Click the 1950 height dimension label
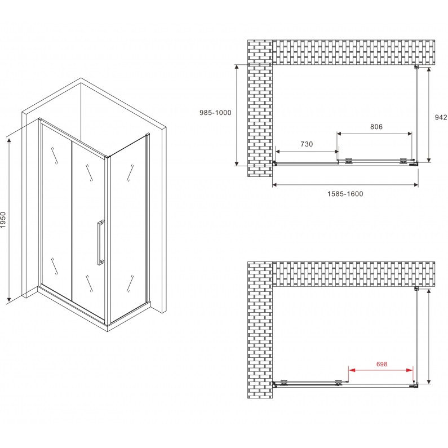[3, 219]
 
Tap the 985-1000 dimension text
[215, 113]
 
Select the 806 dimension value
[376, 127]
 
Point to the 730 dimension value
[307, 144]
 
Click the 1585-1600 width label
[345, 194]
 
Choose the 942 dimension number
[441, 117]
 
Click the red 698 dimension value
[382, 364]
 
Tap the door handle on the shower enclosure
[100, 242]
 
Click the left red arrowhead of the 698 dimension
[352, 370]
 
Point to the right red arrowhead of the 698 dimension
[410, 370]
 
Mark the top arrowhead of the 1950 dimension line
[9, 140]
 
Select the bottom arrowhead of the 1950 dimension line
[9, 299]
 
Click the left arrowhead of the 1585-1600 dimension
[276, 185]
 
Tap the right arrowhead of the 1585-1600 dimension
[415, 185]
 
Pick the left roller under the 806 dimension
[349, 161]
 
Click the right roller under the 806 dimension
[403, 161]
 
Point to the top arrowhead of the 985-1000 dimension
[237, 68]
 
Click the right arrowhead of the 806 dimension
[409, 134]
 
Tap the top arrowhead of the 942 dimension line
[429, 70]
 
